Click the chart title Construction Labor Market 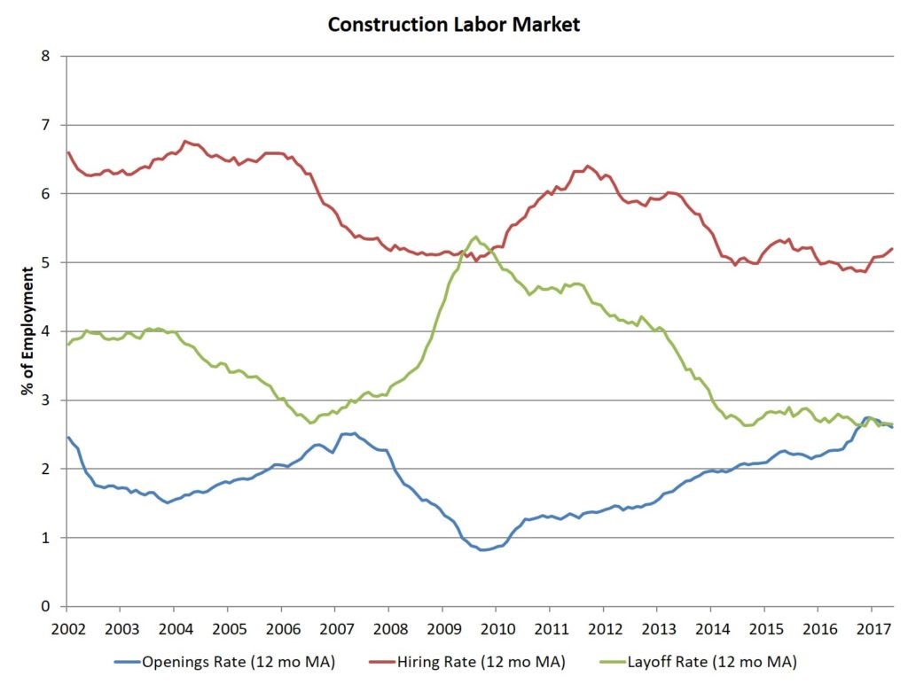453,24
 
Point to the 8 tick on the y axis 46,57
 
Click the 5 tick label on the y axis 46,263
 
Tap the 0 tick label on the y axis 46,607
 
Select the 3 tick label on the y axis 46,400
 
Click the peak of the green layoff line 476,237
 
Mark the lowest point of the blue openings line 482,550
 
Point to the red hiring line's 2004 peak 184,141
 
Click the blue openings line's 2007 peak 354,433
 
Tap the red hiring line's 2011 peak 587,166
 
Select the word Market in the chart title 548,24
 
